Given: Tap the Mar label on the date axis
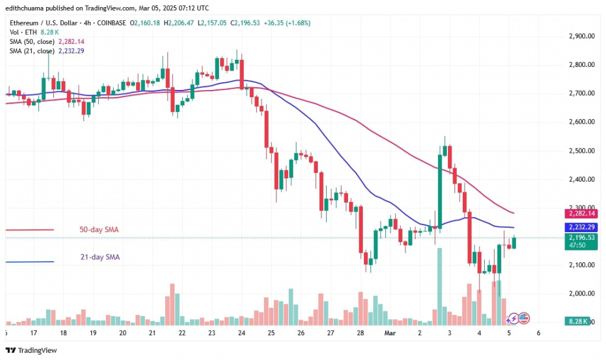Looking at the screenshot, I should [x=389, y=333].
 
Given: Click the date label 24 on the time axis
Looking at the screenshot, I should [x=241, y=333].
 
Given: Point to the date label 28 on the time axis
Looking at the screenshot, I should [x=360, y=333].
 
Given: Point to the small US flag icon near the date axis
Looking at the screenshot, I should [x=524, y=318].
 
